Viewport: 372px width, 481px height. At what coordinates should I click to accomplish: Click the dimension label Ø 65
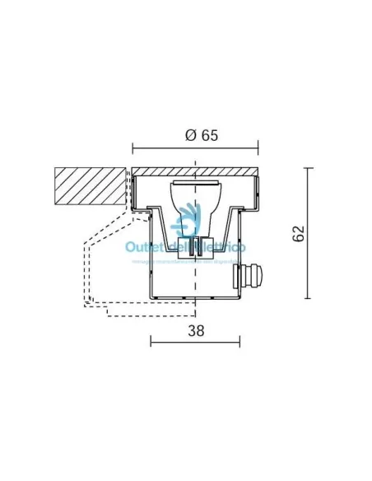click(x=195, y=136)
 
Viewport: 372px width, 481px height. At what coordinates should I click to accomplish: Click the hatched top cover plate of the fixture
click(x=195, y=171)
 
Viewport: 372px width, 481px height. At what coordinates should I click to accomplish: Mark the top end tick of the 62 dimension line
click(x=309, y=168)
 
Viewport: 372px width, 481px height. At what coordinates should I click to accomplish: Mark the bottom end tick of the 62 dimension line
click(x=309, y=298)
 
